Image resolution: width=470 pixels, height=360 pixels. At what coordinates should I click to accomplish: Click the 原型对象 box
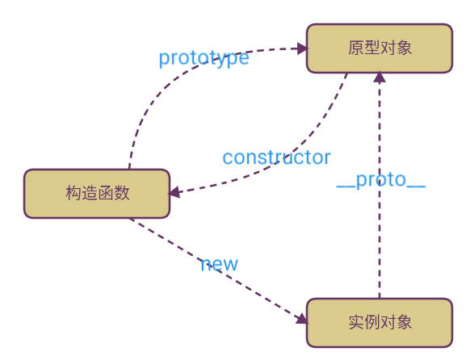(x=380, y=48)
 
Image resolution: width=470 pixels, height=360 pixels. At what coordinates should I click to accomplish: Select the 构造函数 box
(x=97, y=194)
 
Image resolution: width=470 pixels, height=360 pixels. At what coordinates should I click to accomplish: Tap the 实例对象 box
(x=380, y=323)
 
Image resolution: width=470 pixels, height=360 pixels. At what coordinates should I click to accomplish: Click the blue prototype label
(x=204, y=58)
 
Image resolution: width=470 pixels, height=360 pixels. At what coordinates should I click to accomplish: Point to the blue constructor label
(x=276, y=157)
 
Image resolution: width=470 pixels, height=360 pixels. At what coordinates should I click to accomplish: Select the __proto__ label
(x=381, y=181)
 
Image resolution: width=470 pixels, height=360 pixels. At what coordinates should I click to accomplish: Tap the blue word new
(x=220, y=264)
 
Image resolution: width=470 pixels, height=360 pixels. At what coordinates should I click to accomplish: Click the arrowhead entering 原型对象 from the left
(x=303, y=48)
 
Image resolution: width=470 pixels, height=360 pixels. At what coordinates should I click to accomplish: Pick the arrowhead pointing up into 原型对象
(x=380, y=77)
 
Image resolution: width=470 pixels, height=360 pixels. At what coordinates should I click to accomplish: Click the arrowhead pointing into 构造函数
(x=174, y=192)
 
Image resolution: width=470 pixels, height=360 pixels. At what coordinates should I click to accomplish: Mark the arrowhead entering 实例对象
(x=302, y=319)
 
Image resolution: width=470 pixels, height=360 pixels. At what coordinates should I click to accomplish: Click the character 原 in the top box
(x=356, y=48)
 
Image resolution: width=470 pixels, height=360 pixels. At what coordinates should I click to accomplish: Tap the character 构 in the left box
(x=73, y=193)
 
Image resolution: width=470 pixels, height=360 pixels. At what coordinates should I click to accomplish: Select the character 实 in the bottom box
(x=356, y=323)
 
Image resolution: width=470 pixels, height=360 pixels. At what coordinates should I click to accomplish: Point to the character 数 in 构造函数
(x=121, y=193)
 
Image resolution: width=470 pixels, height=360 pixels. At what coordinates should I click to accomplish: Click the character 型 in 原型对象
(x=372, y=48)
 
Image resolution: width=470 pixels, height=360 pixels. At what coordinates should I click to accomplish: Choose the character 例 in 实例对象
(x=372, y=323)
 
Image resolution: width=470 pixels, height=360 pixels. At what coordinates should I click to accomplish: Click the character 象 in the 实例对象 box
(x=405, y=323)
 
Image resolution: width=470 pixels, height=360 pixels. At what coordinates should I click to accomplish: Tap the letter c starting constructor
(x=228, y=158)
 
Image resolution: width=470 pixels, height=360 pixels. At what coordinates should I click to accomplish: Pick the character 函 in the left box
(x=106, y=193)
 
